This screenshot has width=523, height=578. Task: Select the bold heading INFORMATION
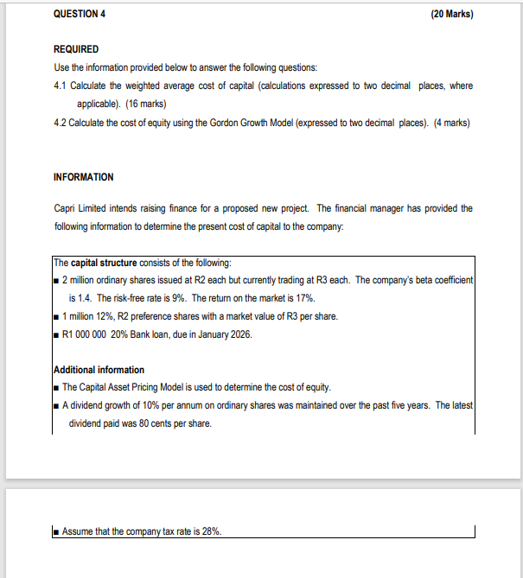coord(83,176)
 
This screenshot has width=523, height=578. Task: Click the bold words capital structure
coord(107,264)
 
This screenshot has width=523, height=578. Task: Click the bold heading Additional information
coord(99,370)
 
